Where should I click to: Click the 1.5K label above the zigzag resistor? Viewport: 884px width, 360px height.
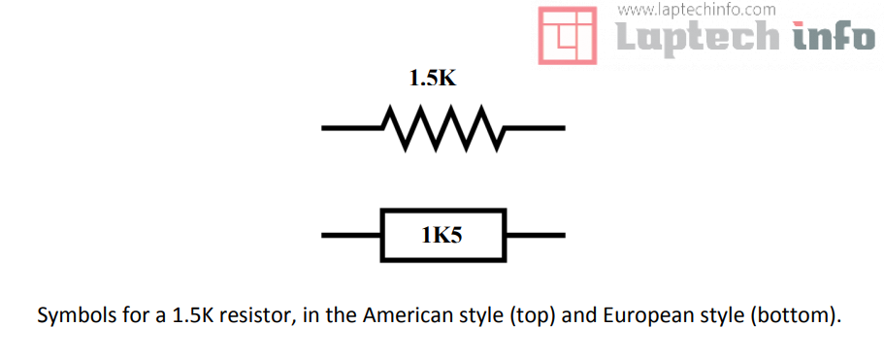point(432,79)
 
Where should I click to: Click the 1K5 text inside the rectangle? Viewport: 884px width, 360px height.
point(442,234)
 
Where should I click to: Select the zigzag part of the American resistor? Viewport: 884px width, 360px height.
point(442,128)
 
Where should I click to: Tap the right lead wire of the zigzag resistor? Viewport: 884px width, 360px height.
point(534,127)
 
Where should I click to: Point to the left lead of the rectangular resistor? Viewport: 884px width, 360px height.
point(350,235)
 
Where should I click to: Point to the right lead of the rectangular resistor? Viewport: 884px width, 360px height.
point(535,235)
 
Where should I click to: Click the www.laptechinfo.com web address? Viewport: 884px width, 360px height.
point(696,10)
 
